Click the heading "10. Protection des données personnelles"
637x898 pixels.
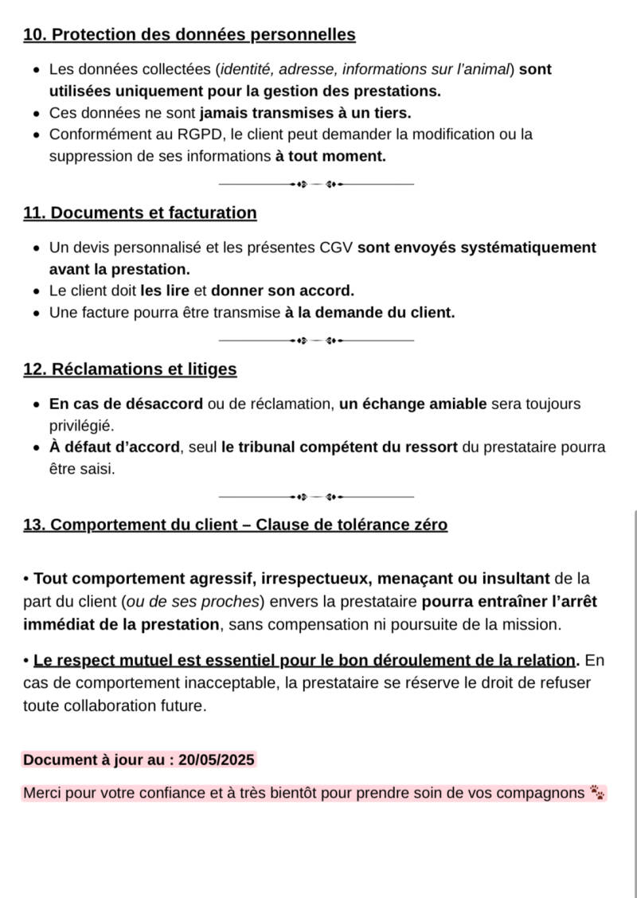click(x=190, y=35)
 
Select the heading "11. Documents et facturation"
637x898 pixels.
click(x=140, y=213)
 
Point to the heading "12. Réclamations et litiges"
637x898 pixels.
click(x=130, y=369)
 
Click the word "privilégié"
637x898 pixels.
click(x=82, y=425)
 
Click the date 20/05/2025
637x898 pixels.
click(x=217, y=759)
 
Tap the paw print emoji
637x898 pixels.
click(x=597, y=793)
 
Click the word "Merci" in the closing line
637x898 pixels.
click(x=41, y=794)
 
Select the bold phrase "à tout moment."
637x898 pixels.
click(x=330, y=156)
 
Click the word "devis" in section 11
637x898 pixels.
click(x=88, y=248)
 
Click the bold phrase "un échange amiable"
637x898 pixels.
click(x=412, y=404)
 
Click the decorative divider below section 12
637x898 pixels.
click(x=316, y=497)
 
